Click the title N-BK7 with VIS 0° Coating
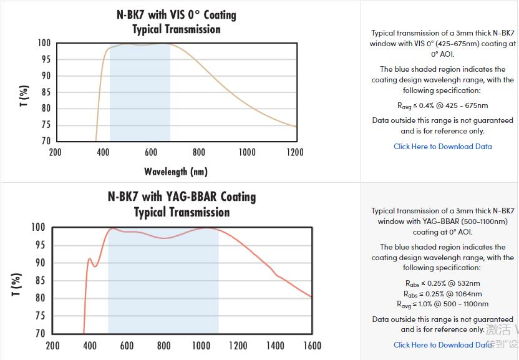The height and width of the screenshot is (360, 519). point(176,14)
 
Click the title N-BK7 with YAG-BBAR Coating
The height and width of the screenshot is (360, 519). point(182,197)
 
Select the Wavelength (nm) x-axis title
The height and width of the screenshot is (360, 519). point(176,171)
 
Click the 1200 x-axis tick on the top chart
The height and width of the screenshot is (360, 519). point(294,152)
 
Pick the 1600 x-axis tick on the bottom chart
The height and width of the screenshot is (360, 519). point(312,346)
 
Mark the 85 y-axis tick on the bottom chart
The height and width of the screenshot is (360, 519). point(39,280)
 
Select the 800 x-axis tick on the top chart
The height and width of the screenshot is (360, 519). point(199,152)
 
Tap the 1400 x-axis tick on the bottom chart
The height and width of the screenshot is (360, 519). point(275,346)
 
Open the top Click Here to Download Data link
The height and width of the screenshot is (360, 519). point(442,147)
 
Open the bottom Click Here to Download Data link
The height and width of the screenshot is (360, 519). point(442,344)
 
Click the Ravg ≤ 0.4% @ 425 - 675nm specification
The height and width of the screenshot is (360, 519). point(442,105)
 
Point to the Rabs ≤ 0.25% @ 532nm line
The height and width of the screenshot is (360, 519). point(442,283)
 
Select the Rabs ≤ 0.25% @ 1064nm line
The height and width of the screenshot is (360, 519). point(442,294)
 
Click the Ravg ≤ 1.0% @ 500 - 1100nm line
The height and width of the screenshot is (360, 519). point(442,304)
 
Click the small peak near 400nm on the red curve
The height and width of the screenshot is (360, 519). point(90,258)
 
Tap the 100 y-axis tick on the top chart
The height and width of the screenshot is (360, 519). point(44,43)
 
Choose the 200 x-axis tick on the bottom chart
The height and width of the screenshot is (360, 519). point(53,346)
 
